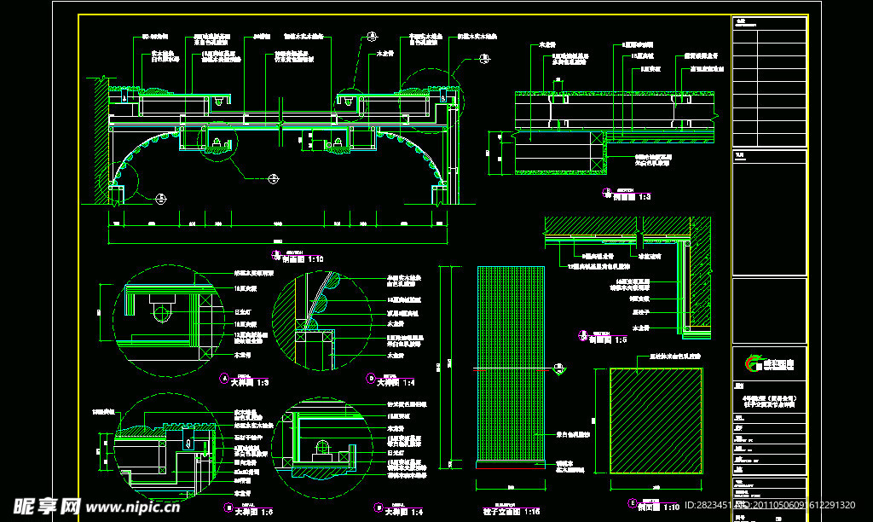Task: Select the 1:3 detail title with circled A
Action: pyautogui.click(x=250, y=382)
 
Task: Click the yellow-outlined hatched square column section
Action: pyautogui.click(x=656, y=420)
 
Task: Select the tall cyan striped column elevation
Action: pyautogui.click(x=511, y=365)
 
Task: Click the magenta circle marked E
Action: pyautogui.click(x=633, y=503)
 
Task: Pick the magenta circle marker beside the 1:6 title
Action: pyautogui.click(x=224, y=509)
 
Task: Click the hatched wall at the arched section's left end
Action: pyautogui.click(x=101, y=141)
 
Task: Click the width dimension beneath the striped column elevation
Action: pyautogui.click(x=511, y=487)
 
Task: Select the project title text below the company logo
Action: pyautogui.click(x=768, y=401)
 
